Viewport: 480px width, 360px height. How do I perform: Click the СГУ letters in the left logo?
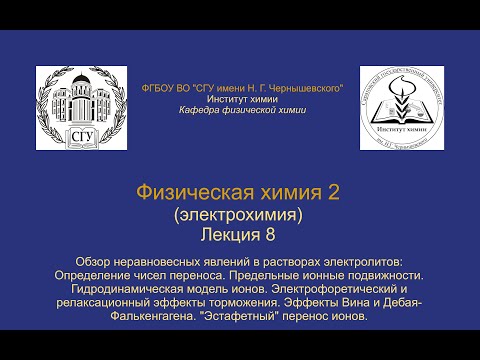pyautogui.click(x=78, y=135)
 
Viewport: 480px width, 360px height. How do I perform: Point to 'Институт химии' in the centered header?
pyautogui.click(x=241, y=99)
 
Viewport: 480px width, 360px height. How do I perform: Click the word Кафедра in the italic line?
pyautogui.click(x=196, y=110)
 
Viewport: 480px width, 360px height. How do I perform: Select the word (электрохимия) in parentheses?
pyautogui.click(x=240, y=213)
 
